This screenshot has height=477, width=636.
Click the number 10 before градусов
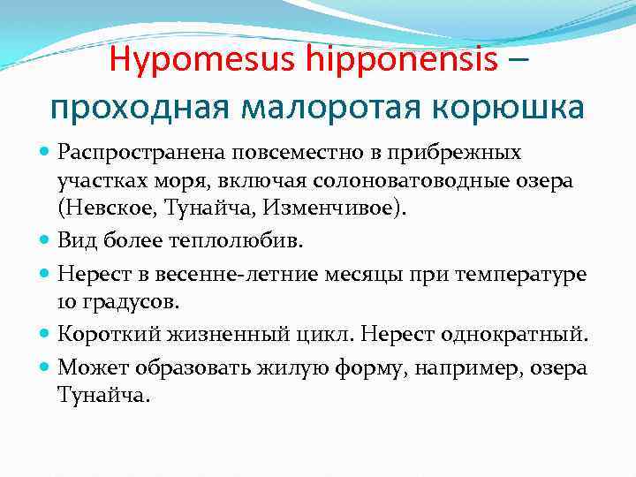(x=69, y=303)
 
